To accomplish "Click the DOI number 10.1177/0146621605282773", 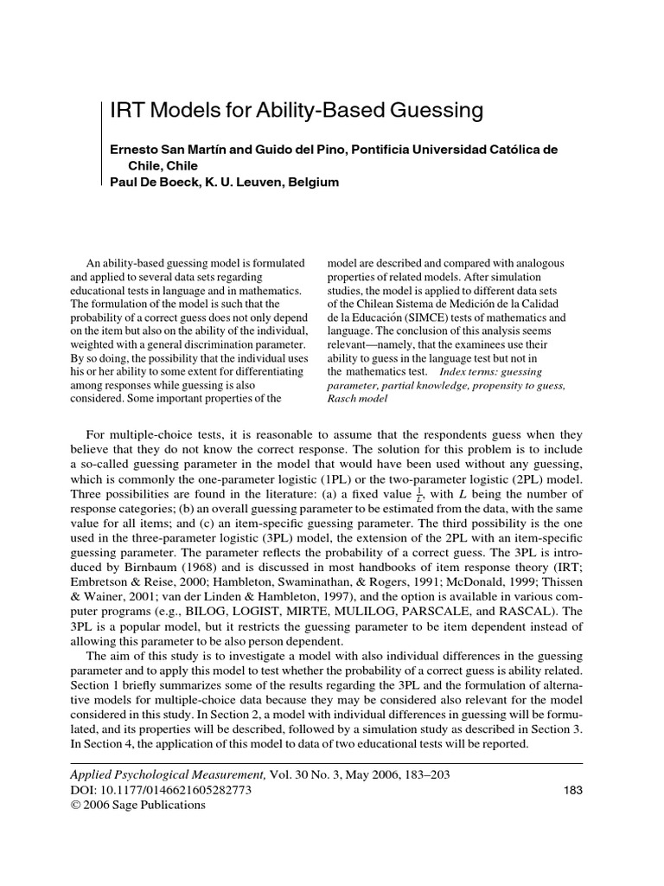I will click(x=173, y=790).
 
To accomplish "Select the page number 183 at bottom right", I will click(x=572, y=790).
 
